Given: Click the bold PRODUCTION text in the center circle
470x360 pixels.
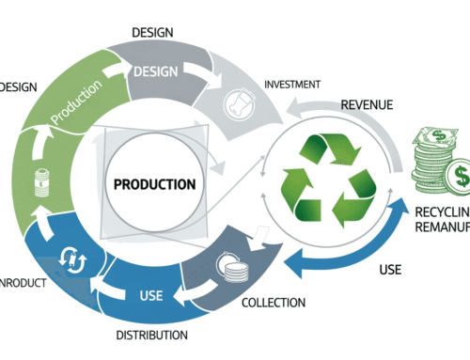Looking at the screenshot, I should (x=155, y=183).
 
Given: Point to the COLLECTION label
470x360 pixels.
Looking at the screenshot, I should (x=274, y=302).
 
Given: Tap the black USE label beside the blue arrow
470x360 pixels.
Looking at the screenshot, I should (x=390, y=270).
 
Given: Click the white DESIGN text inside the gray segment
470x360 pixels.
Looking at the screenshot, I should (x=155, y=71).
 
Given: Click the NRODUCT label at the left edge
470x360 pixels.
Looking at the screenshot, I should (x=22, y=282).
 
